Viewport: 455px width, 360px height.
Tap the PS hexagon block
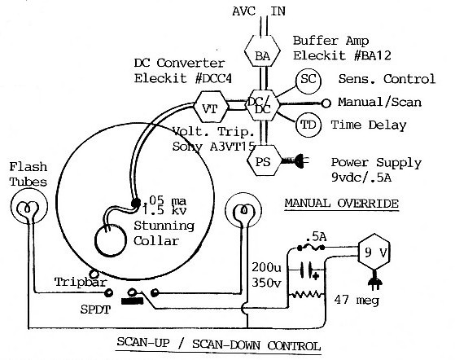pyautogui.click(x=264, y=160)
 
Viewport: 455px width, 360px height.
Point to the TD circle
pyautogui.click(x=308, y=125)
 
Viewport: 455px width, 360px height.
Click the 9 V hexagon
pyautogui.click(x=374, y=252)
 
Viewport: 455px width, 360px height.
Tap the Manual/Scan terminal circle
pyautogui.click(x=326, y=103)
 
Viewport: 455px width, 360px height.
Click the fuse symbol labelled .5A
pyautogui.click(x=311, y=248)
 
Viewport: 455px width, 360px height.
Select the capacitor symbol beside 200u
pyautogui.click(x=308, y=271)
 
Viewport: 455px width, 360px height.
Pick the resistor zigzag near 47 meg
pyautogui.click(x=307, y=295)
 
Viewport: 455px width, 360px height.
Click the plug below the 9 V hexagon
pyautogui.click(x=374, y=281)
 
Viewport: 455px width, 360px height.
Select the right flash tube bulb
pyautogui.click(x=243, y=211)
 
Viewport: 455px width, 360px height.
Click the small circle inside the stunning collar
pyautogui.click(x=110, y=240)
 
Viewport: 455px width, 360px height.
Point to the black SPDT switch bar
pyautogui.click(x=133, y=301)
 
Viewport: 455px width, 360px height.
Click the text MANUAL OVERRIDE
pyautogui.click(x=341, y=204)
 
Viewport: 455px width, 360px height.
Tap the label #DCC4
pyautogui.click(x=213, y=78)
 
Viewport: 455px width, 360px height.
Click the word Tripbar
pyautogui.click(x=81, y=282)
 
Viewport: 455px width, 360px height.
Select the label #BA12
pyautogui.click(x=372, y=55)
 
